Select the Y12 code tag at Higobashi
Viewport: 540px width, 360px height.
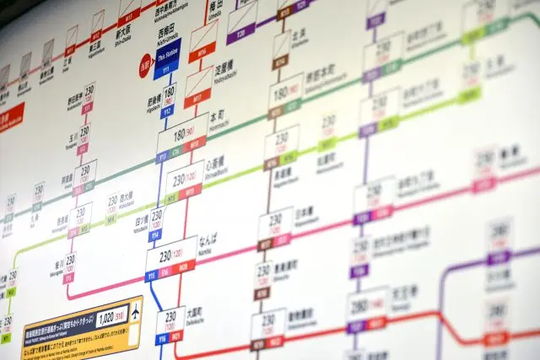tap(167, 110)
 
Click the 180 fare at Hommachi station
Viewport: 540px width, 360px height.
tap(178, 135)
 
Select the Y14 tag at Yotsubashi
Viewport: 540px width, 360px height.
tap(154, 235)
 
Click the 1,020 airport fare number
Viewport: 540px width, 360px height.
tap(107, 318)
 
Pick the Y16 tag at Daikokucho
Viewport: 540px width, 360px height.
tap(161, 339)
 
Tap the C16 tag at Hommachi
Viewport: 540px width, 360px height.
tap(177, 152)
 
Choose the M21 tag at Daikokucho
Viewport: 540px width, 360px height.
tap(177, 339)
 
